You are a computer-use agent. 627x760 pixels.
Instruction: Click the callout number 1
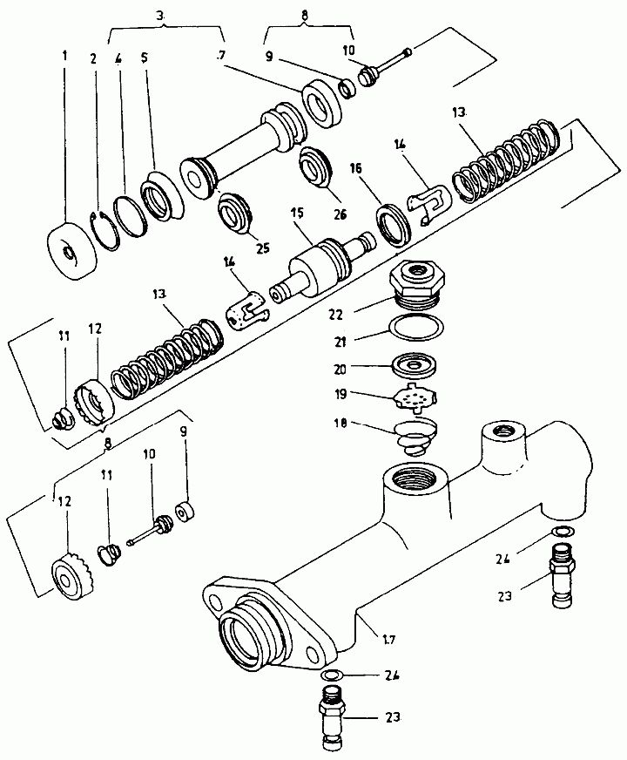(x=64, y=57)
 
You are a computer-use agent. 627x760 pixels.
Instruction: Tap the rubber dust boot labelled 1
(x=72, y=251)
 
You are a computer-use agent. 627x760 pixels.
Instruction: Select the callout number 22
(x=334, y=315)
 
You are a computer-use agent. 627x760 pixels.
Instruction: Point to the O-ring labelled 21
(x=416, y=327)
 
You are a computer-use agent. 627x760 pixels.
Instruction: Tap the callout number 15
(x=297, y=213)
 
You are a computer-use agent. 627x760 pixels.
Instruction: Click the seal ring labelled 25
(x=234, y=213)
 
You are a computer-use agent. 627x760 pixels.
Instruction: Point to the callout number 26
(x=340, y=214)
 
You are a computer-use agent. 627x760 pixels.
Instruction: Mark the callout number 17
(x=388, y=640)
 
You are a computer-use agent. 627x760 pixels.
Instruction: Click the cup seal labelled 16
(x=394, y=224)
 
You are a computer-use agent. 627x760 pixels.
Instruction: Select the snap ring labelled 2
(x=105, y=231)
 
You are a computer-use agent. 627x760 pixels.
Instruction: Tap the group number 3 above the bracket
(x=161, y=16)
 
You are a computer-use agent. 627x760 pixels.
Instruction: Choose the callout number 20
(x=340, y=370)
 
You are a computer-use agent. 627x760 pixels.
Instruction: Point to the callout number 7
(x=221, y=56)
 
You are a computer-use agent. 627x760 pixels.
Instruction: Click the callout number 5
(x=144, y=58)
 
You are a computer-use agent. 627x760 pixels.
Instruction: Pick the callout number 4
(x=118, y=58)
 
